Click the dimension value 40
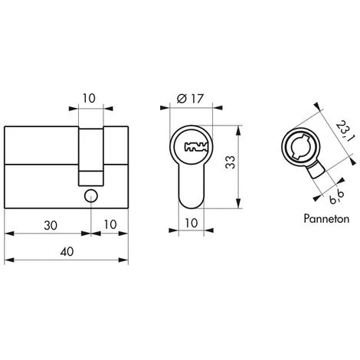pyautogui.click(x=67, y=251)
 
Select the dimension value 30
pyautogui.click(x=51, y=225)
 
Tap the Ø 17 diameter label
pyautogui.click(x=190, y=99)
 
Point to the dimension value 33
pyautogui.click(x=231, y=162)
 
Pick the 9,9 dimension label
pyautogui.click(x=337, y=196)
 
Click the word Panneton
pyautogui.click(x=326, y=219)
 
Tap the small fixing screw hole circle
pyautogui.click(x=91, y=196)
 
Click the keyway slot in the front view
pyautogui.click(x=196, y=147)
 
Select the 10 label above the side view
pyautogui.click(x=89, y=98)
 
